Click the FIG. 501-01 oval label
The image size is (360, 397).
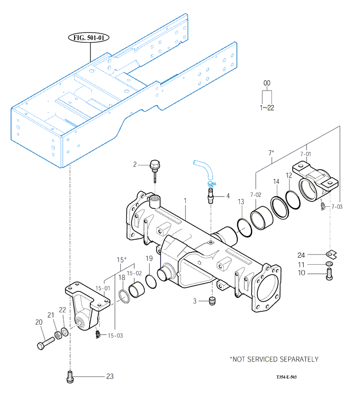(x=89, y=38)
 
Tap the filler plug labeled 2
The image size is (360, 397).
(x=155, y=170)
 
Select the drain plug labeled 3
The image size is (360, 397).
(x=212, y=301)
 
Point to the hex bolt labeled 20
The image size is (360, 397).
(x=46, y=343)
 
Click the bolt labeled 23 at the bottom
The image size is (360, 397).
(x=70, y=377)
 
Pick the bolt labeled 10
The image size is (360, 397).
(x=329, y=274)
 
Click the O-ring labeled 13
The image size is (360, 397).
(x=245, y=228)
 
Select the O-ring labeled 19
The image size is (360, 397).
(x=151, y=281)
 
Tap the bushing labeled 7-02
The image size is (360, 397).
(x=262, y=218)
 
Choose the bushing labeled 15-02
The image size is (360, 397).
(x=136, y=289)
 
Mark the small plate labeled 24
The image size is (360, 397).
(x=331, y=254)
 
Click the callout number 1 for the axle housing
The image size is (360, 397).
(x=185, y=201)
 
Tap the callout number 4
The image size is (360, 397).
(x=228, y=196)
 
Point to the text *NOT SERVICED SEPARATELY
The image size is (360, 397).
(x=274, y=359)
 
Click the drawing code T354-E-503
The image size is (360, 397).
(x=287, y=377)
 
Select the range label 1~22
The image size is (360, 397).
(x=267, y=108)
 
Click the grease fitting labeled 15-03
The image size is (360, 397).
(x=97, y=334)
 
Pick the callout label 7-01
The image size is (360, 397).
(x=306, y=154)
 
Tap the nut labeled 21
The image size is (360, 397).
(x=58, y=335)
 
